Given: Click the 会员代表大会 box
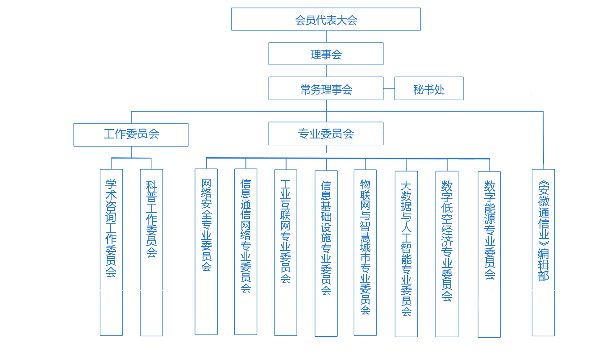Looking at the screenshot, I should [326, 19].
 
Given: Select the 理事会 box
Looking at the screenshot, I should [326, 54].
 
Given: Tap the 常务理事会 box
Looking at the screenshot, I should [326, 88].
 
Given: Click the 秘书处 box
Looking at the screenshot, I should [429, 88].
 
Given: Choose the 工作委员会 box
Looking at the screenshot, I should [131, 134].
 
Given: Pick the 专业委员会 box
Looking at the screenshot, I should [326, 134].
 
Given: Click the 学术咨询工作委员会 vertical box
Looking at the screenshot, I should [111, 252].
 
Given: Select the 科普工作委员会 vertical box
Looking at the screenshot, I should [151, 252].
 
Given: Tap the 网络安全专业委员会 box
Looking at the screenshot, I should [206, 251].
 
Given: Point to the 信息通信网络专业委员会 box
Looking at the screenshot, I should [245, 251].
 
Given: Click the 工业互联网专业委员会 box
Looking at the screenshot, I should [286, 252].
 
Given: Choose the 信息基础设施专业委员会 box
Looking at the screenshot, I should [326, 253].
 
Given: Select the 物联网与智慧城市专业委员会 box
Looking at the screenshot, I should [365, 252].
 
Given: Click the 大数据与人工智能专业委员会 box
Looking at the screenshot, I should [406, 254].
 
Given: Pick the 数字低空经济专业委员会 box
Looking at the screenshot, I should [447, 254].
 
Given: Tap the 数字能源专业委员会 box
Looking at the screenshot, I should [489, 254].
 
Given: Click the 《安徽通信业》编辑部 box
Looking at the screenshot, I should [543, 252].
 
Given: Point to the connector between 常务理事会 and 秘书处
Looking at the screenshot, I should [389, 88].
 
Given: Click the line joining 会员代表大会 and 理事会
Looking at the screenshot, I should [326, 36].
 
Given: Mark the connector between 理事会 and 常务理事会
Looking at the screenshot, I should [326, 71].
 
